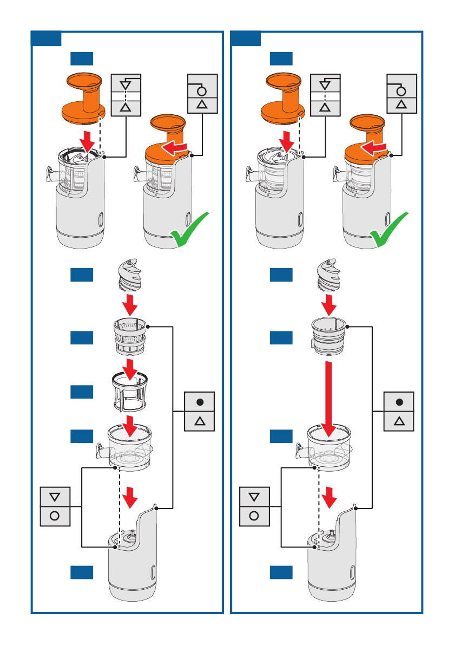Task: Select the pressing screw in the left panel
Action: [x=129, y=277]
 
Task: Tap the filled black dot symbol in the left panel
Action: [x=200, y=402]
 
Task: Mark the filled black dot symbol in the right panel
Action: [x=399, y=402]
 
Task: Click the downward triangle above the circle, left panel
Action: [x=55, y=496]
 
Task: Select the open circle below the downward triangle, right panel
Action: [x=254, y=516]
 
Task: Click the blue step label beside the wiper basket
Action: [x=82, y=392]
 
